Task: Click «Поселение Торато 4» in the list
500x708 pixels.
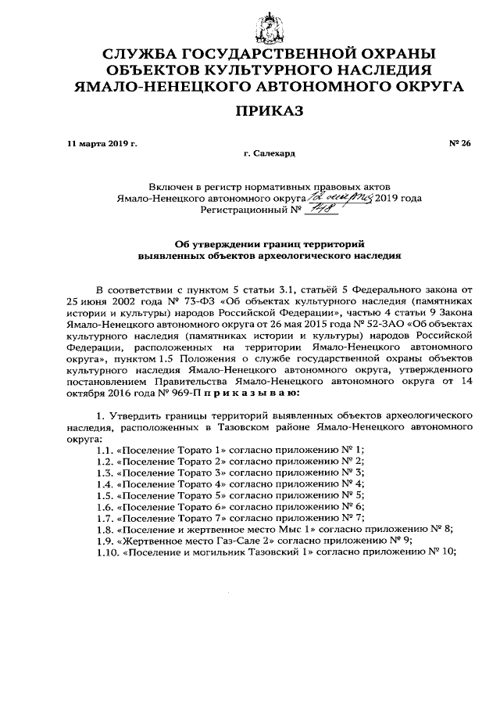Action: pos(170,484)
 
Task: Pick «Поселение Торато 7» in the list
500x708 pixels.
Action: pos(170,518)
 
